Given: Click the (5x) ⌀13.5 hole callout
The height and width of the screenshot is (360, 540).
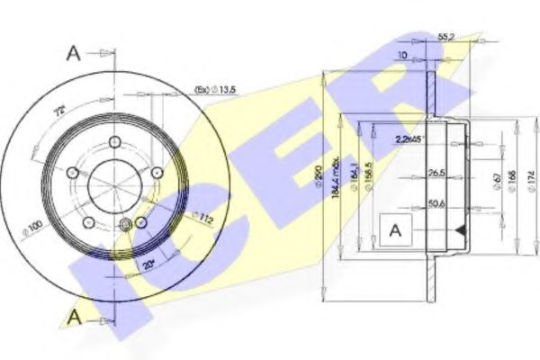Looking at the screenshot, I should pos(216,90).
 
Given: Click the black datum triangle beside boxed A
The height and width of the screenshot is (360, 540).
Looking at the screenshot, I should pos(461,231).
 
